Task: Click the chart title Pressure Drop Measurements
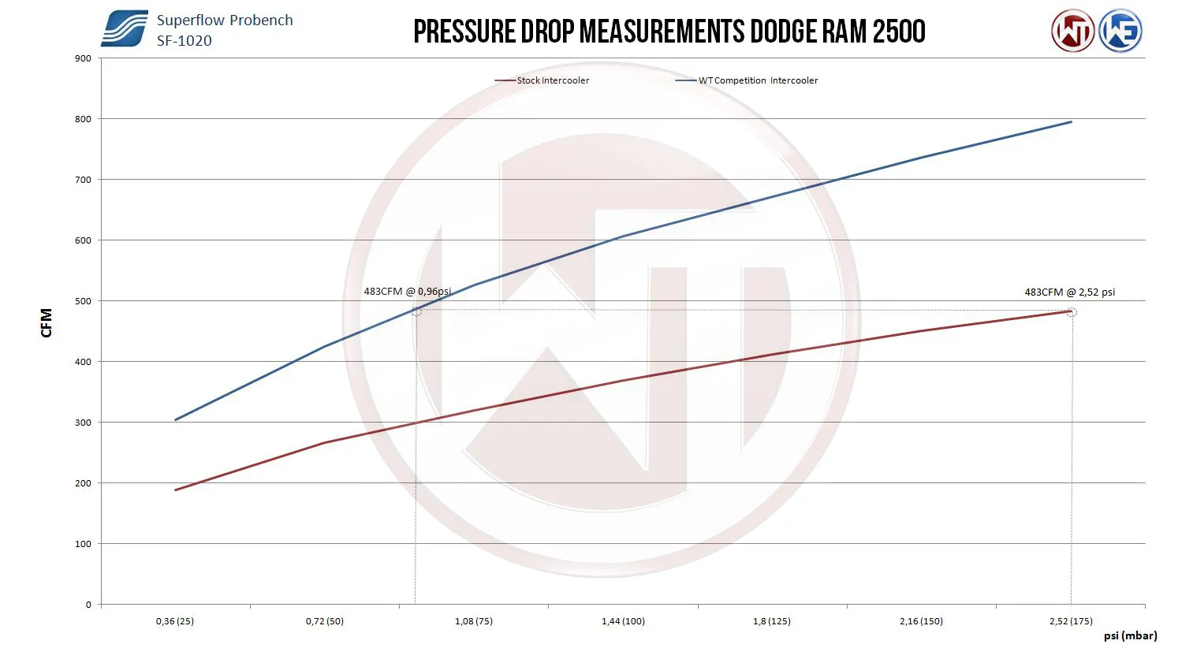click(669, 32)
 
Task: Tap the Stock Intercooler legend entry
click(553, 80)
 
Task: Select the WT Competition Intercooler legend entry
click(758, 80)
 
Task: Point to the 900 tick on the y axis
click(83, 58)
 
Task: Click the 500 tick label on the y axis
click(83, 301)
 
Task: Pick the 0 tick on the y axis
click(88, 605)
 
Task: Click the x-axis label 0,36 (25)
click(175, 621)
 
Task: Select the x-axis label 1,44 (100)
click(623, 621)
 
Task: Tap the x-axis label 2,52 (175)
click(1071, 621)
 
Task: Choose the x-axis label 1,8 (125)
click(772, 621)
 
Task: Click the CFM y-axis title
click(47, 323)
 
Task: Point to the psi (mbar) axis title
click(1130, 635)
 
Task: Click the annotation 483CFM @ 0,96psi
click(407, 292)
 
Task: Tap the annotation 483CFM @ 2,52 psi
click(1069, 292)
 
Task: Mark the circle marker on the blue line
click(416, 311)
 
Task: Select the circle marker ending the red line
click(1071, 312)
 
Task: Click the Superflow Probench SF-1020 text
click(224, 30)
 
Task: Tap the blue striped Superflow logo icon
click(125, 29)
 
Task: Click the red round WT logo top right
click(1072, 32)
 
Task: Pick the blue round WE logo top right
click(1120, 32)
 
